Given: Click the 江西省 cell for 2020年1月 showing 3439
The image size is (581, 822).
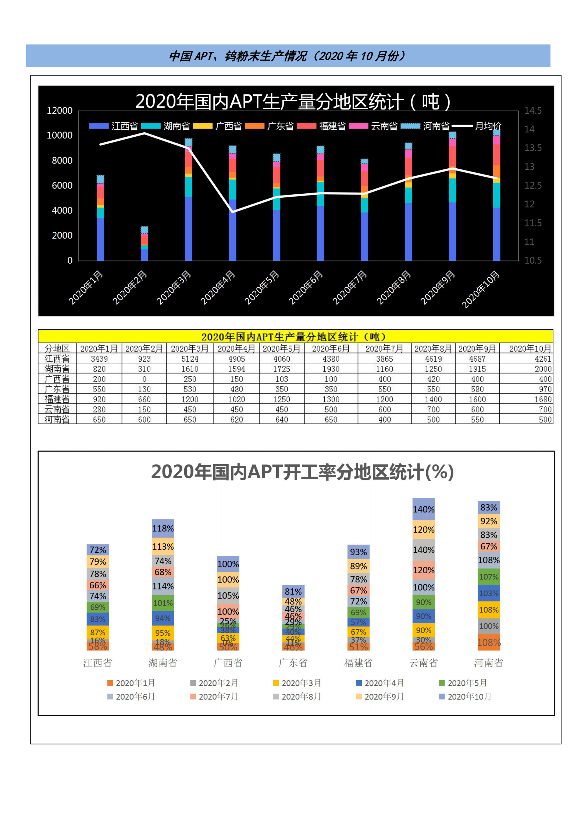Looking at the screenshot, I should click(99, 359).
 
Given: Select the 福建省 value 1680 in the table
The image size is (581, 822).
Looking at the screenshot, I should click(542, 399).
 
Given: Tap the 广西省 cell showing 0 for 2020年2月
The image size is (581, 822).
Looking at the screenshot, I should click(144, 379).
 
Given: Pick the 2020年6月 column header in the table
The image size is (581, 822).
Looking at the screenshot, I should click(331, 348).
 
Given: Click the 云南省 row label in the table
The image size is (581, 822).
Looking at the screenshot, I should click(57, 409).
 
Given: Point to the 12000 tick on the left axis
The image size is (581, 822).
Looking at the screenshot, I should click(60, 111).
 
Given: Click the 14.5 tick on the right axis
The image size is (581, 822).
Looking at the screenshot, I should click(532, 111).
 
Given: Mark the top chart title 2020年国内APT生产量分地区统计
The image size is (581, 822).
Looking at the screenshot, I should click(293, 101).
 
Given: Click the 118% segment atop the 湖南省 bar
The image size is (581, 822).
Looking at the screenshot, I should click(163, 528).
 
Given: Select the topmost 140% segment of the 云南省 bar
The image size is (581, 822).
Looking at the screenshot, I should click(424, 509).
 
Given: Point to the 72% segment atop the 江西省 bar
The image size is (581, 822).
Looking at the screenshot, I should click(98, 550).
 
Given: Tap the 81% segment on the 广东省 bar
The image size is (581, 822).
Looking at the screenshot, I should click(293, 592).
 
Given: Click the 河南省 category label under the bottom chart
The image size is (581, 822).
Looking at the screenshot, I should click(488, 663).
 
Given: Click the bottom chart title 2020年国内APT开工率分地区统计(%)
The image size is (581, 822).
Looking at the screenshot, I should click(302, 472).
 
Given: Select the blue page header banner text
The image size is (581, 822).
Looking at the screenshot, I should click(288, 56).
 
